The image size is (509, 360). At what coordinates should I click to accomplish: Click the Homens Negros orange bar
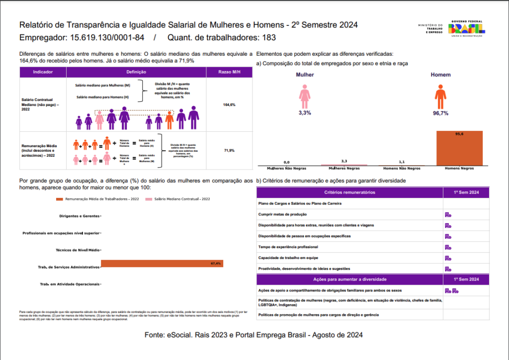(459, 149)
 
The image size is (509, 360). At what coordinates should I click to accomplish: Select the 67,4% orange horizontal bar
(162, 264)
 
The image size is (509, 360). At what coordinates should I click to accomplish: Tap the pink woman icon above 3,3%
(305, 95)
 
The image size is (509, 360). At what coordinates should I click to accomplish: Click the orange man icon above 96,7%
(440, 96)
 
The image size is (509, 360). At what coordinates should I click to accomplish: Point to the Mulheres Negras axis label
(344, 169)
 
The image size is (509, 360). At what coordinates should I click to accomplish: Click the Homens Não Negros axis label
(402, 169)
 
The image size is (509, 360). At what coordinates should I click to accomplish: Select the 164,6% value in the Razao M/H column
(229, 105)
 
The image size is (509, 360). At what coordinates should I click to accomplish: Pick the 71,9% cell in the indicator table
(229, 150)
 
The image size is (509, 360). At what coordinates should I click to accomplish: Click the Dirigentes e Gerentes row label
(79, 216)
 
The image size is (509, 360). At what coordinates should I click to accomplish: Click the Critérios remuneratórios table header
(349, 192)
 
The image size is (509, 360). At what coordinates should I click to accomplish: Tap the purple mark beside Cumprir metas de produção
(448, 214)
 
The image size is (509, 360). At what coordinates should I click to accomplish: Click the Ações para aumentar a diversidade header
(349, 279)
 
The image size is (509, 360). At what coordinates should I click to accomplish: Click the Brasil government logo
(467, 28)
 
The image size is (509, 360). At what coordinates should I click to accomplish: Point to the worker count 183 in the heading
(269, 38)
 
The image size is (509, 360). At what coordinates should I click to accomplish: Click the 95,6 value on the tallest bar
(459, 134)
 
